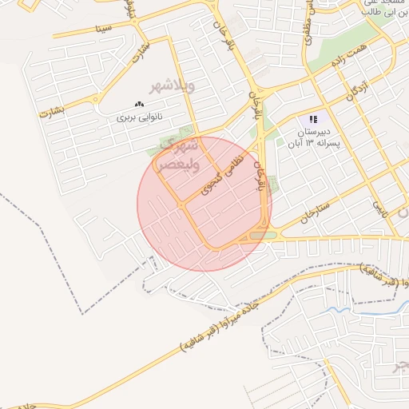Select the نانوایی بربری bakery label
tap(140, 117)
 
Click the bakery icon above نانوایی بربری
tap(139, 104)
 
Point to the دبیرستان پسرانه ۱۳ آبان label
tap(313, 136)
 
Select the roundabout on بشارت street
tap(97, 104)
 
